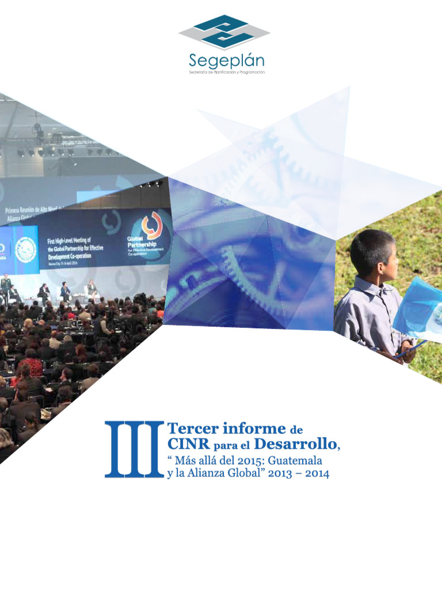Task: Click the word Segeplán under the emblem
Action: (227, 60)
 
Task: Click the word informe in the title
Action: (254, 429)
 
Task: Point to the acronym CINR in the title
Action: (188, 444)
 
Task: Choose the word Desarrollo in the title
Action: (294, 444)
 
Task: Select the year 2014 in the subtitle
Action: (313, 474)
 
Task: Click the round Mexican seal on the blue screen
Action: (26, 249)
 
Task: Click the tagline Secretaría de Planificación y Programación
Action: (227, 73)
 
